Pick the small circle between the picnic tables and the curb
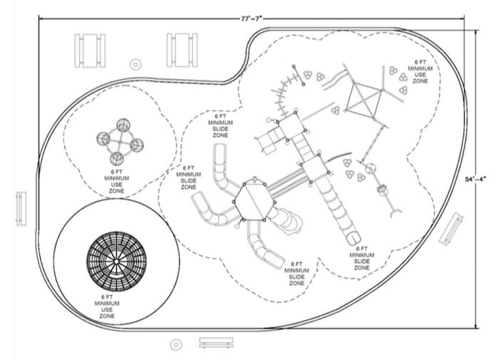[135, 64]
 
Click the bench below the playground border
[216, 343]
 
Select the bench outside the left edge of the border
[21, 207]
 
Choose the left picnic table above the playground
[90, 50]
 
